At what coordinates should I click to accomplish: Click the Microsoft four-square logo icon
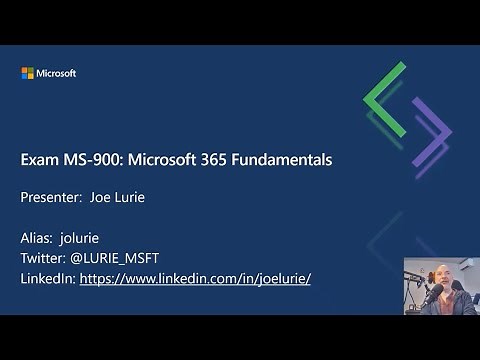(x=27, y=73)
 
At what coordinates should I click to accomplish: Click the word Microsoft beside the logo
(x=56, y=73)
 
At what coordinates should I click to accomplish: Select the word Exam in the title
(x=38, y=159)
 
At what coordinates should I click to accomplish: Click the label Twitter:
(x=46, y=258)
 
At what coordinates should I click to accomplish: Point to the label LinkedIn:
(x=48, y=278)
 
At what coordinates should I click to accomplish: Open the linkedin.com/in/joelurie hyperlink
(x=195, y=278)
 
